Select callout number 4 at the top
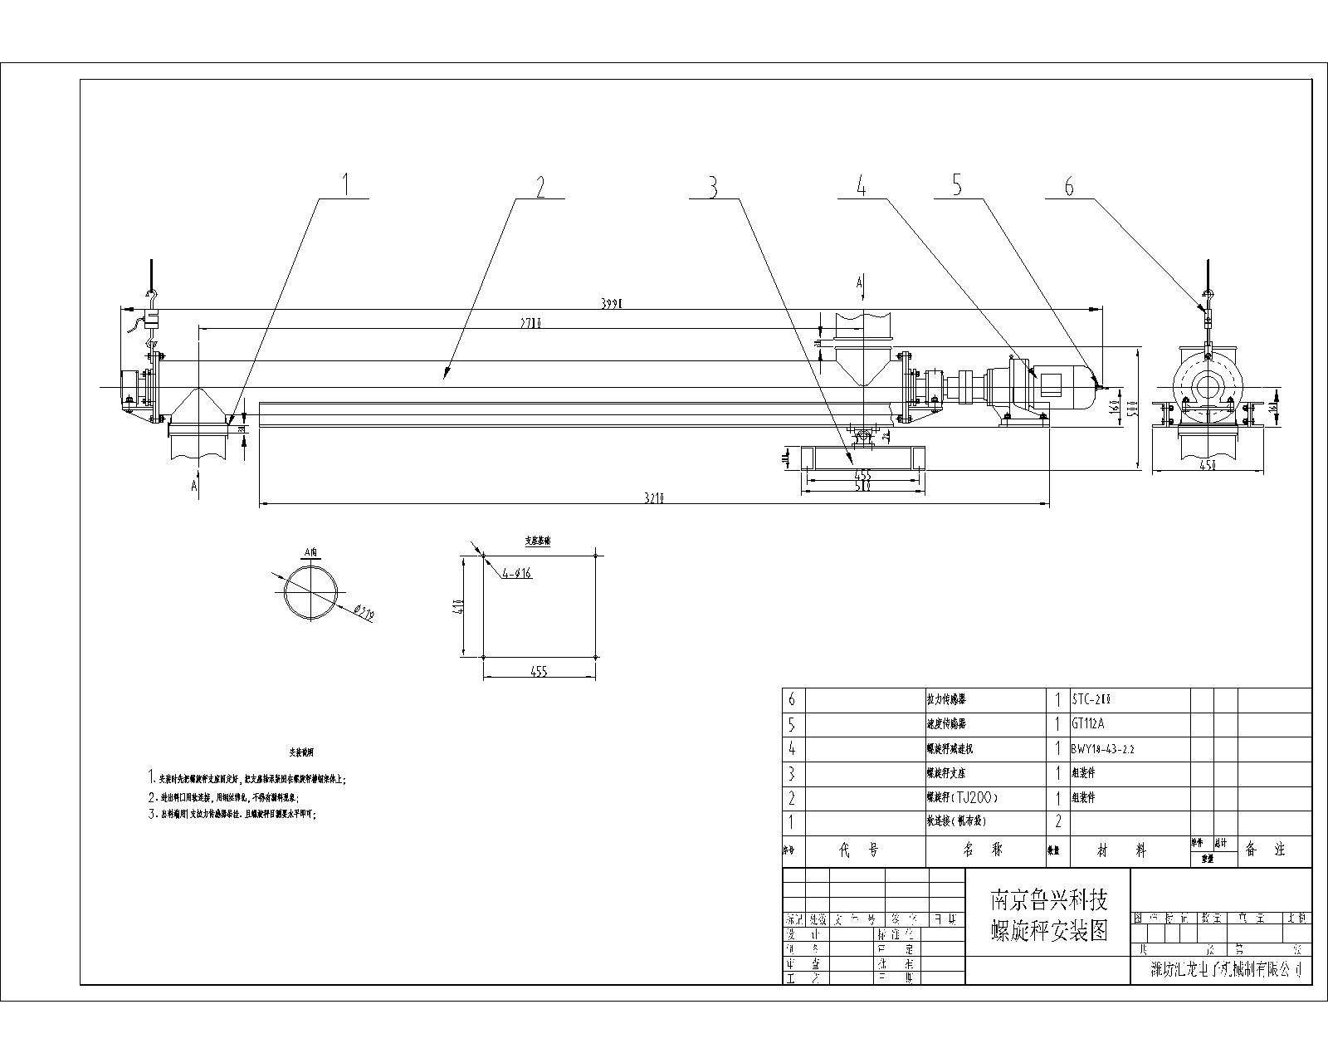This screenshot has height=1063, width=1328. tap(862, 187)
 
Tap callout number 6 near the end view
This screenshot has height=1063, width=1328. tap(1069, 188)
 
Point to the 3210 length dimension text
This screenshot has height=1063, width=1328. tap(656, 498)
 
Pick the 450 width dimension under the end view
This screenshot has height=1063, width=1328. tap(1208, 466)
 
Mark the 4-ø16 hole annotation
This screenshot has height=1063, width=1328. tap(516, 574)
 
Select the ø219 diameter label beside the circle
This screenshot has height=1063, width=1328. tap(364, 613)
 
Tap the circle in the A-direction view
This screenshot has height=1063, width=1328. tap(312, 592)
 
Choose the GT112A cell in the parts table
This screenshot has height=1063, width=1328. tap(1088, 723)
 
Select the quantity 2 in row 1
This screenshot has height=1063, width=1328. tap(1057, 822)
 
